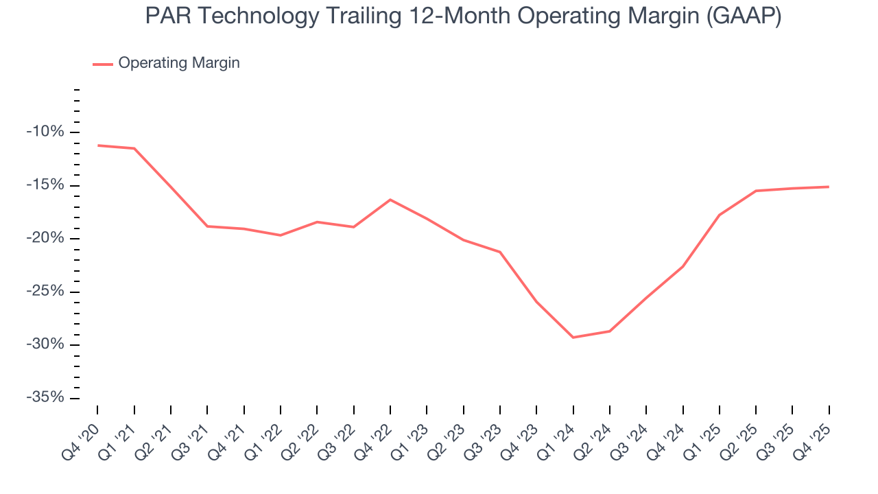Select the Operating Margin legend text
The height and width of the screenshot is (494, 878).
coord(179,63)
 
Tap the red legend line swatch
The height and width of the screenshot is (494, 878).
coord(103,64)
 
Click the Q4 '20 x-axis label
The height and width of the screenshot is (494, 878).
coord(82,432)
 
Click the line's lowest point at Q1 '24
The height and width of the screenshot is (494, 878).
coord(573,338)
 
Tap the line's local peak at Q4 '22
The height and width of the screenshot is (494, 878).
coord(390,200)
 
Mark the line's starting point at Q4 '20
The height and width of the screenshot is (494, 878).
coord(97,145)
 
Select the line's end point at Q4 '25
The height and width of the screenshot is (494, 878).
coord(829,187)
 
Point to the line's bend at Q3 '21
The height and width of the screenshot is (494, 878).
coord(207,226)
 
